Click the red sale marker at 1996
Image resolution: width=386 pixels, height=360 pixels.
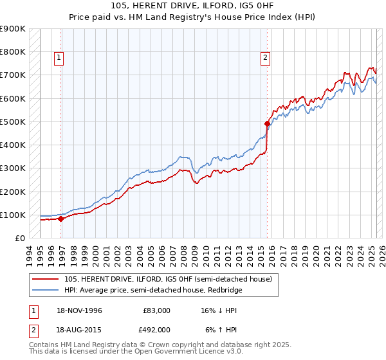coord(61,219)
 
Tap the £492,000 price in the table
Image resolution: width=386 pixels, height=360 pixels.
coord(156,329)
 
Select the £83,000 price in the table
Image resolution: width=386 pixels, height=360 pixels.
coord(156,310)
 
